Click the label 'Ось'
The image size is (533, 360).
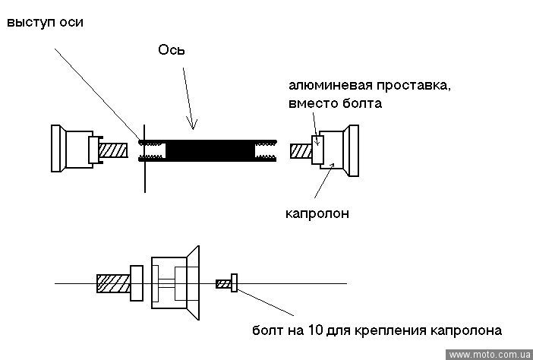[172, 50]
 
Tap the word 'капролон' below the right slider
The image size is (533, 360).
[317, 213]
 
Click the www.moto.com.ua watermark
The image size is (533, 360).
[489, 355]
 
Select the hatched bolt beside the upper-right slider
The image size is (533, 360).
[301, 150]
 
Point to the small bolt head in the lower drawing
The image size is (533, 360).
[235, 283]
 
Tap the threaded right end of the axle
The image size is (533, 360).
[267, 150]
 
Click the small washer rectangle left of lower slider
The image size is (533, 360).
[137, 283]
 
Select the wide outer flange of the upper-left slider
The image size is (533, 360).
[56, 150]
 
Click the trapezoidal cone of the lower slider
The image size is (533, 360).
[193, 283]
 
